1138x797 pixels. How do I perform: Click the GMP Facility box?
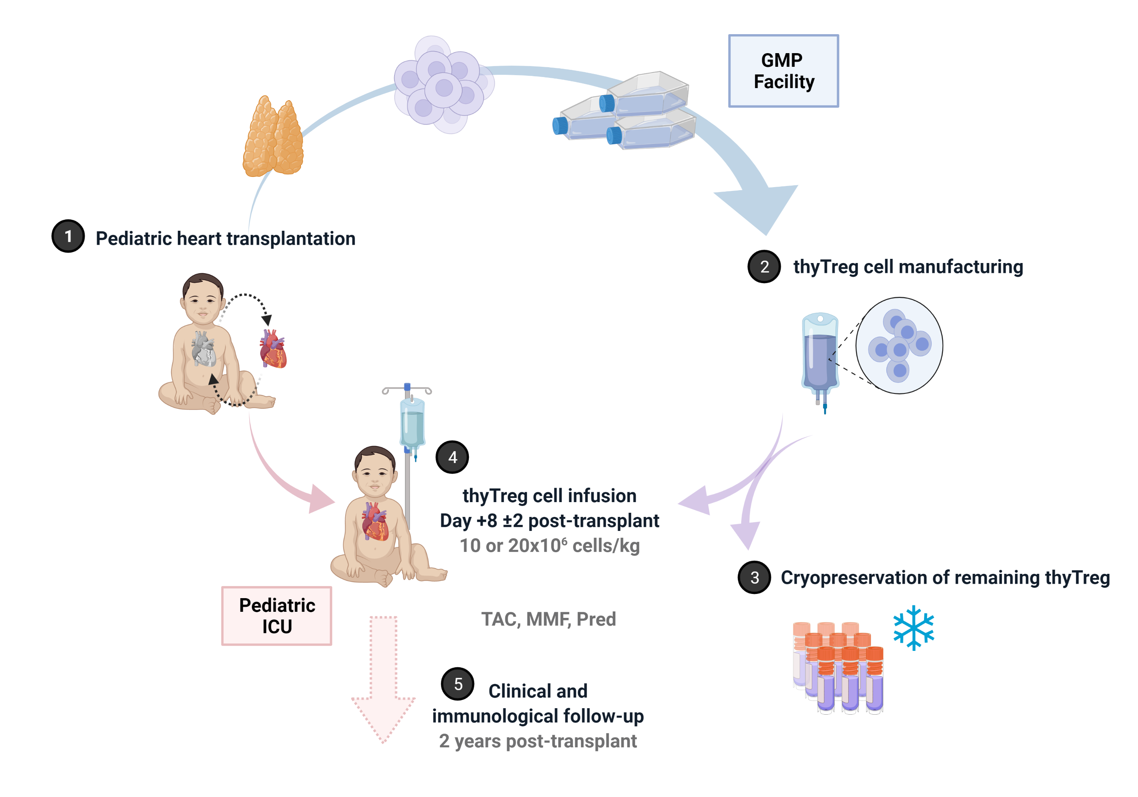click(x=783, y=71)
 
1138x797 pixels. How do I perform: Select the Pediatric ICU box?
click(x=277, y=616)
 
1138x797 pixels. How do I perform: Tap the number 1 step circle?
click(x=68, y=236)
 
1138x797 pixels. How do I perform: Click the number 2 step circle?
click(x=764, y=266)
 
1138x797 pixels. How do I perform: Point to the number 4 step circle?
click(x=452, y=457)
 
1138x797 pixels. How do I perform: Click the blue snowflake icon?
click(x=913, y=627)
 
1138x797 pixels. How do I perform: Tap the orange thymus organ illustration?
click(x=273, y=136)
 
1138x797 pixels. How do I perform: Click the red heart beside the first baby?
click(x=273, y=350)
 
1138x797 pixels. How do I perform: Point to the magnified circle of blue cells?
click(x=899, y=346)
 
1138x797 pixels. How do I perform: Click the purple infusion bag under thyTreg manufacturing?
click(x=820, y=354)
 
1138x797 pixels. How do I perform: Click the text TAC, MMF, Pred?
click(x=548, y=619)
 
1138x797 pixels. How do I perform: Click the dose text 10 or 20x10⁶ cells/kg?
click(x=549, y=545)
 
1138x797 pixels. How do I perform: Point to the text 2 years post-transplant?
click(x=538, y=740)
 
